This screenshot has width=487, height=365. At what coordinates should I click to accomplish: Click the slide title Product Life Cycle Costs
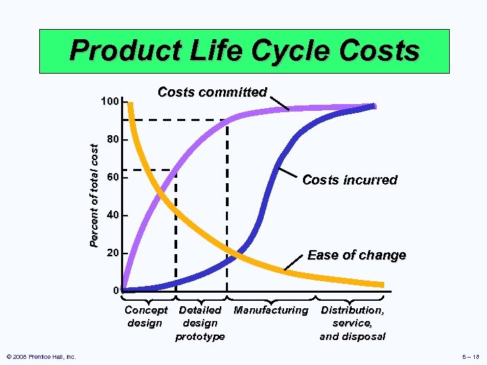pos(244,51)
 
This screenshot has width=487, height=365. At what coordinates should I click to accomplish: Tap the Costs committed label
pos(212,93)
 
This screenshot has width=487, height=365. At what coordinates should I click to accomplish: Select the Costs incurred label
pos(350,180)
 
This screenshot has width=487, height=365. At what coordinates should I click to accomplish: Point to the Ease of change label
pos(356,255)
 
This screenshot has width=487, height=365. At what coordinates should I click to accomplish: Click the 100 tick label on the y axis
pos(110,102)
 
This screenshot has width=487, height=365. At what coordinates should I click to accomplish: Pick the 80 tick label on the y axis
pos(113,141)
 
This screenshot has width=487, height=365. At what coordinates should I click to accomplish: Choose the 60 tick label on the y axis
pos(113,178)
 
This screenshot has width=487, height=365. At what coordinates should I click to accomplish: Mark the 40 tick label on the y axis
pos(113,216)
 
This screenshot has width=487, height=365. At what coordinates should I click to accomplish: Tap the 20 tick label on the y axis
pos(113,253)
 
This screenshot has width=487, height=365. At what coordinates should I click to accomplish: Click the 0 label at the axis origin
pos(116,291)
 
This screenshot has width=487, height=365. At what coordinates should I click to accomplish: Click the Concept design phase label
pos(145,316)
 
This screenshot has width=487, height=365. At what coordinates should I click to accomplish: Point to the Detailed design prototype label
pos(200,323)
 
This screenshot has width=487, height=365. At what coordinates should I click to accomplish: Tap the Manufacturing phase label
pos(271,310)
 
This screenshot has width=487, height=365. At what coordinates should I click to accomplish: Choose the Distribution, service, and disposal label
pos(352,323)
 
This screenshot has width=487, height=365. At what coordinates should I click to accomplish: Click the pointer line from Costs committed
pos(279,102)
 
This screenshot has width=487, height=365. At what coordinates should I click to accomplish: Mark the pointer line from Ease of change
pos(296,262)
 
